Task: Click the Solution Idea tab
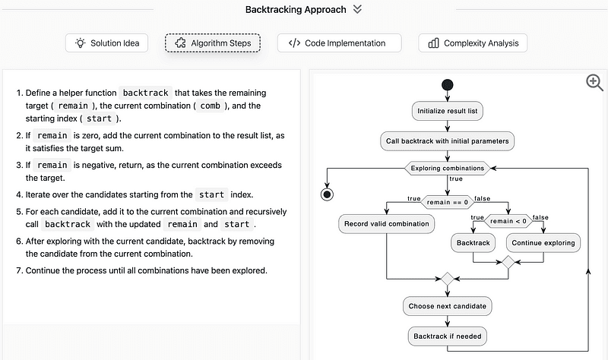106,43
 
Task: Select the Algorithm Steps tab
213,43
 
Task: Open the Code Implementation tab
339,43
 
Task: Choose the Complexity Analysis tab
473,43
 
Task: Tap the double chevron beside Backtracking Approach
357,9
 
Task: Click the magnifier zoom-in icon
594,83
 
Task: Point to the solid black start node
448,85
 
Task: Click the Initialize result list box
448,111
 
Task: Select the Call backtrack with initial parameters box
447,141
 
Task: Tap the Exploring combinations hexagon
448,168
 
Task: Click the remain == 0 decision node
448,202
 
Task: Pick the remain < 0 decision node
508,221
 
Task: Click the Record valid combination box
387,223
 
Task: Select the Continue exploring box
543,243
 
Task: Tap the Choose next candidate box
448,306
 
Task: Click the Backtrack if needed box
448,336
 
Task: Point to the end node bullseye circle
327,194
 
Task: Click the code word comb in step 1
211,106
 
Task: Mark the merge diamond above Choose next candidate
448,279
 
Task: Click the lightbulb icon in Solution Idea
81,43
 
